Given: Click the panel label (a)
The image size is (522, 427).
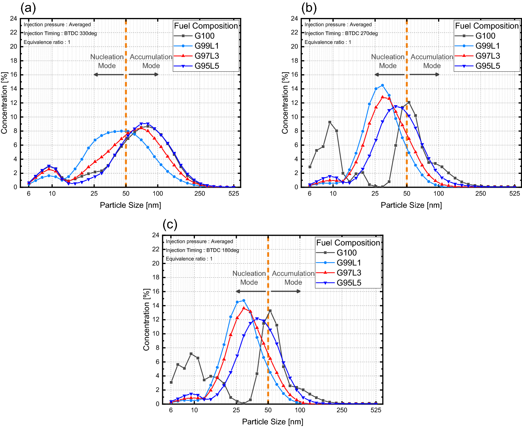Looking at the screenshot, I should pos(28,8).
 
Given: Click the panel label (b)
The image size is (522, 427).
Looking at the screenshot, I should pos(309,8).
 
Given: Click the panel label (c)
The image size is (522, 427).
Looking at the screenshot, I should pos(170,225).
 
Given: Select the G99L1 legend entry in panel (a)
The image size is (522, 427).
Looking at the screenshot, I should pos(206,46).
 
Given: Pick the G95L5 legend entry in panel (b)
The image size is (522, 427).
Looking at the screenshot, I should pos(488,66).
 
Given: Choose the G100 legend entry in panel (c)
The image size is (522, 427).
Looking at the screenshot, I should pos(347,253).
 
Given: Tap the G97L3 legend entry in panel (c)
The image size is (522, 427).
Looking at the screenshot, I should pos(349,273).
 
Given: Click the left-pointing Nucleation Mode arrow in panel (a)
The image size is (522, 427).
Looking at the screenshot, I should pos(108,75).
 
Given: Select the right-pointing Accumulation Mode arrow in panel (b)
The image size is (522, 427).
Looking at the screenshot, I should pos(424,75).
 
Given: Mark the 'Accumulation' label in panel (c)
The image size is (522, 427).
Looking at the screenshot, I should pos(293,273).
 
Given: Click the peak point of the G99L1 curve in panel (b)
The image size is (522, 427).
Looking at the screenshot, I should pos(382,85).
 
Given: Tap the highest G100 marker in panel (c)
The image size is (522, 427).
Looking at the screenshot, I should pos(270,311).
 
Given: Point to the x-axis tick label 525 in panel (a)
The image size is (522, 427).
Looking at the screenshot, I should pos(234,194).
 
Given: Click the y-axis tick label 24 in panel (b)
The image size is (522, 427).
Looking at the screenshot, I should pos(294,19).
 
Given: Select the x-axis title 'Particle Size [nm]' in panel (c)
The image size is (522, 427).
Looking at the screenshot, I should pos(272,422).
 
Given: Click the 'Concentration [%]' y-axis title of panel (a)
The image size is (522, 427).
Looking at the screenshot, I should pos(4,103).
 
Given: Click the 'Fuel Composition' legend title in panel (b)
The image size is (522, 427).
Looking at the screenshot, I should pos(487,26).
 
